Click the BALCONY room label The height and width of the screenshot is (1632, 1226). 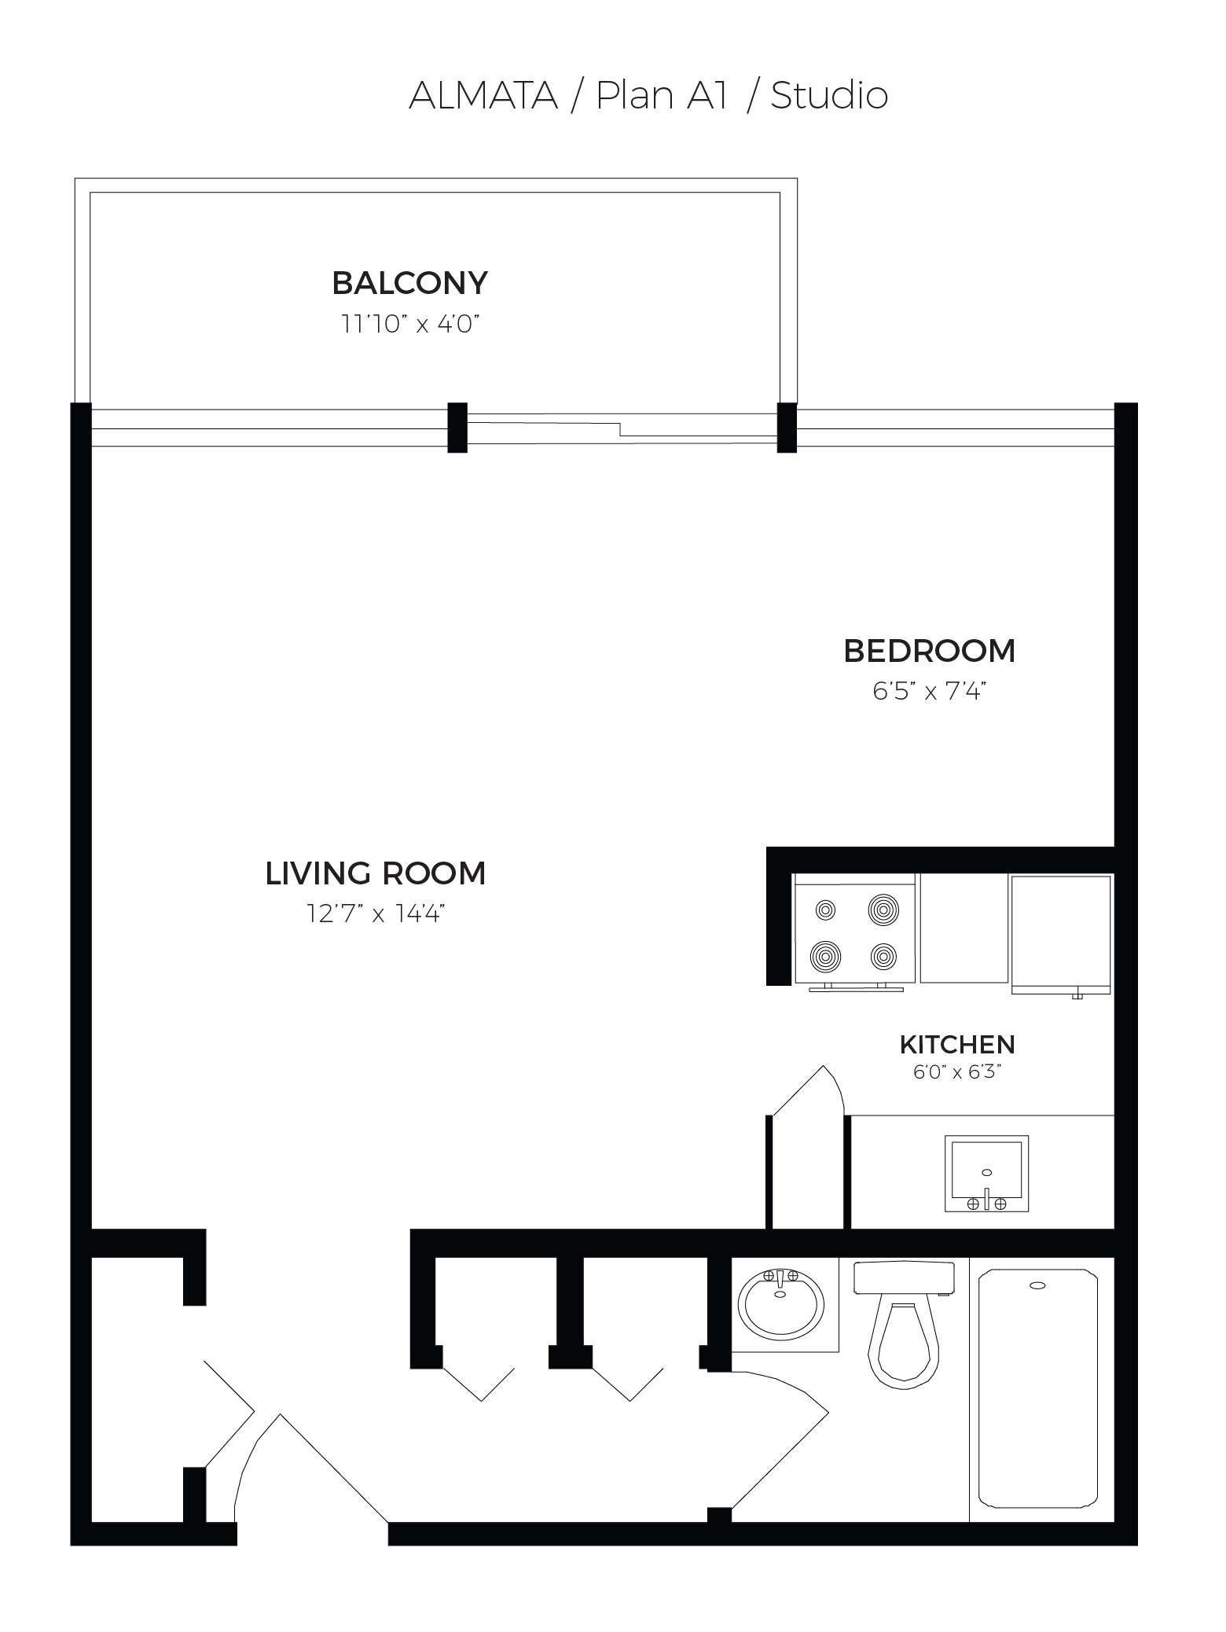click(409, 283)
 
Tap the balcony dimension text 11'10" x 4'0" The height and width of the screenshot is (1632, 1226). click(409, 324)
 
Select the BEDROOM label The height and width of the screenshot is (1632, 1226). click(929, 651)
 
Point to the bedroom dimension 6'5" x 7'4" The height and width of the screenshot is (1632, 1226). click(929, 692)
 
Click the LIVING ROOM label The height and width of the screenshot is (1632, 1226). click(376, 873)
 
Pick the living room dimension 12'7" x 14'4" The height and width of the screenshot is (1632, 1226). click(376, 914)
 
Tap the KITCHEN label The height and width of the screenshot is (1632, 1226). click(957, 1045)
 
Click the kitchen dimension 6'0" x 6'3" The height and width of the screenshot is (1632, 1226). click(957, 1072)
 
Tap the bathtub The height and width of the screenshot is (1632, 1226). click(1037, 1390)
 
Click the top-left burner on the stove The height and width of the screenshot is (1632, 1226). click(825, 910)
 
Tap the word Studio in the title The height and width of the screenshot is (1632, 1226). click(829, 95)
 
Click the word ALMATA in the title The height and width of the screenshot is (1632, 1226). click(483, 95)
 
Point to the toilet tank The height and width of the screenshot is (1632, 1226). click(904, 1278)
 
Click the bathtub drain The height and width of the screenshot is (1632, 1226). click(1037, 1286)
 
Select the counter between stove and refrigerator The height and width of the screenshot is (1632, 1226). click(964, 928)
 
